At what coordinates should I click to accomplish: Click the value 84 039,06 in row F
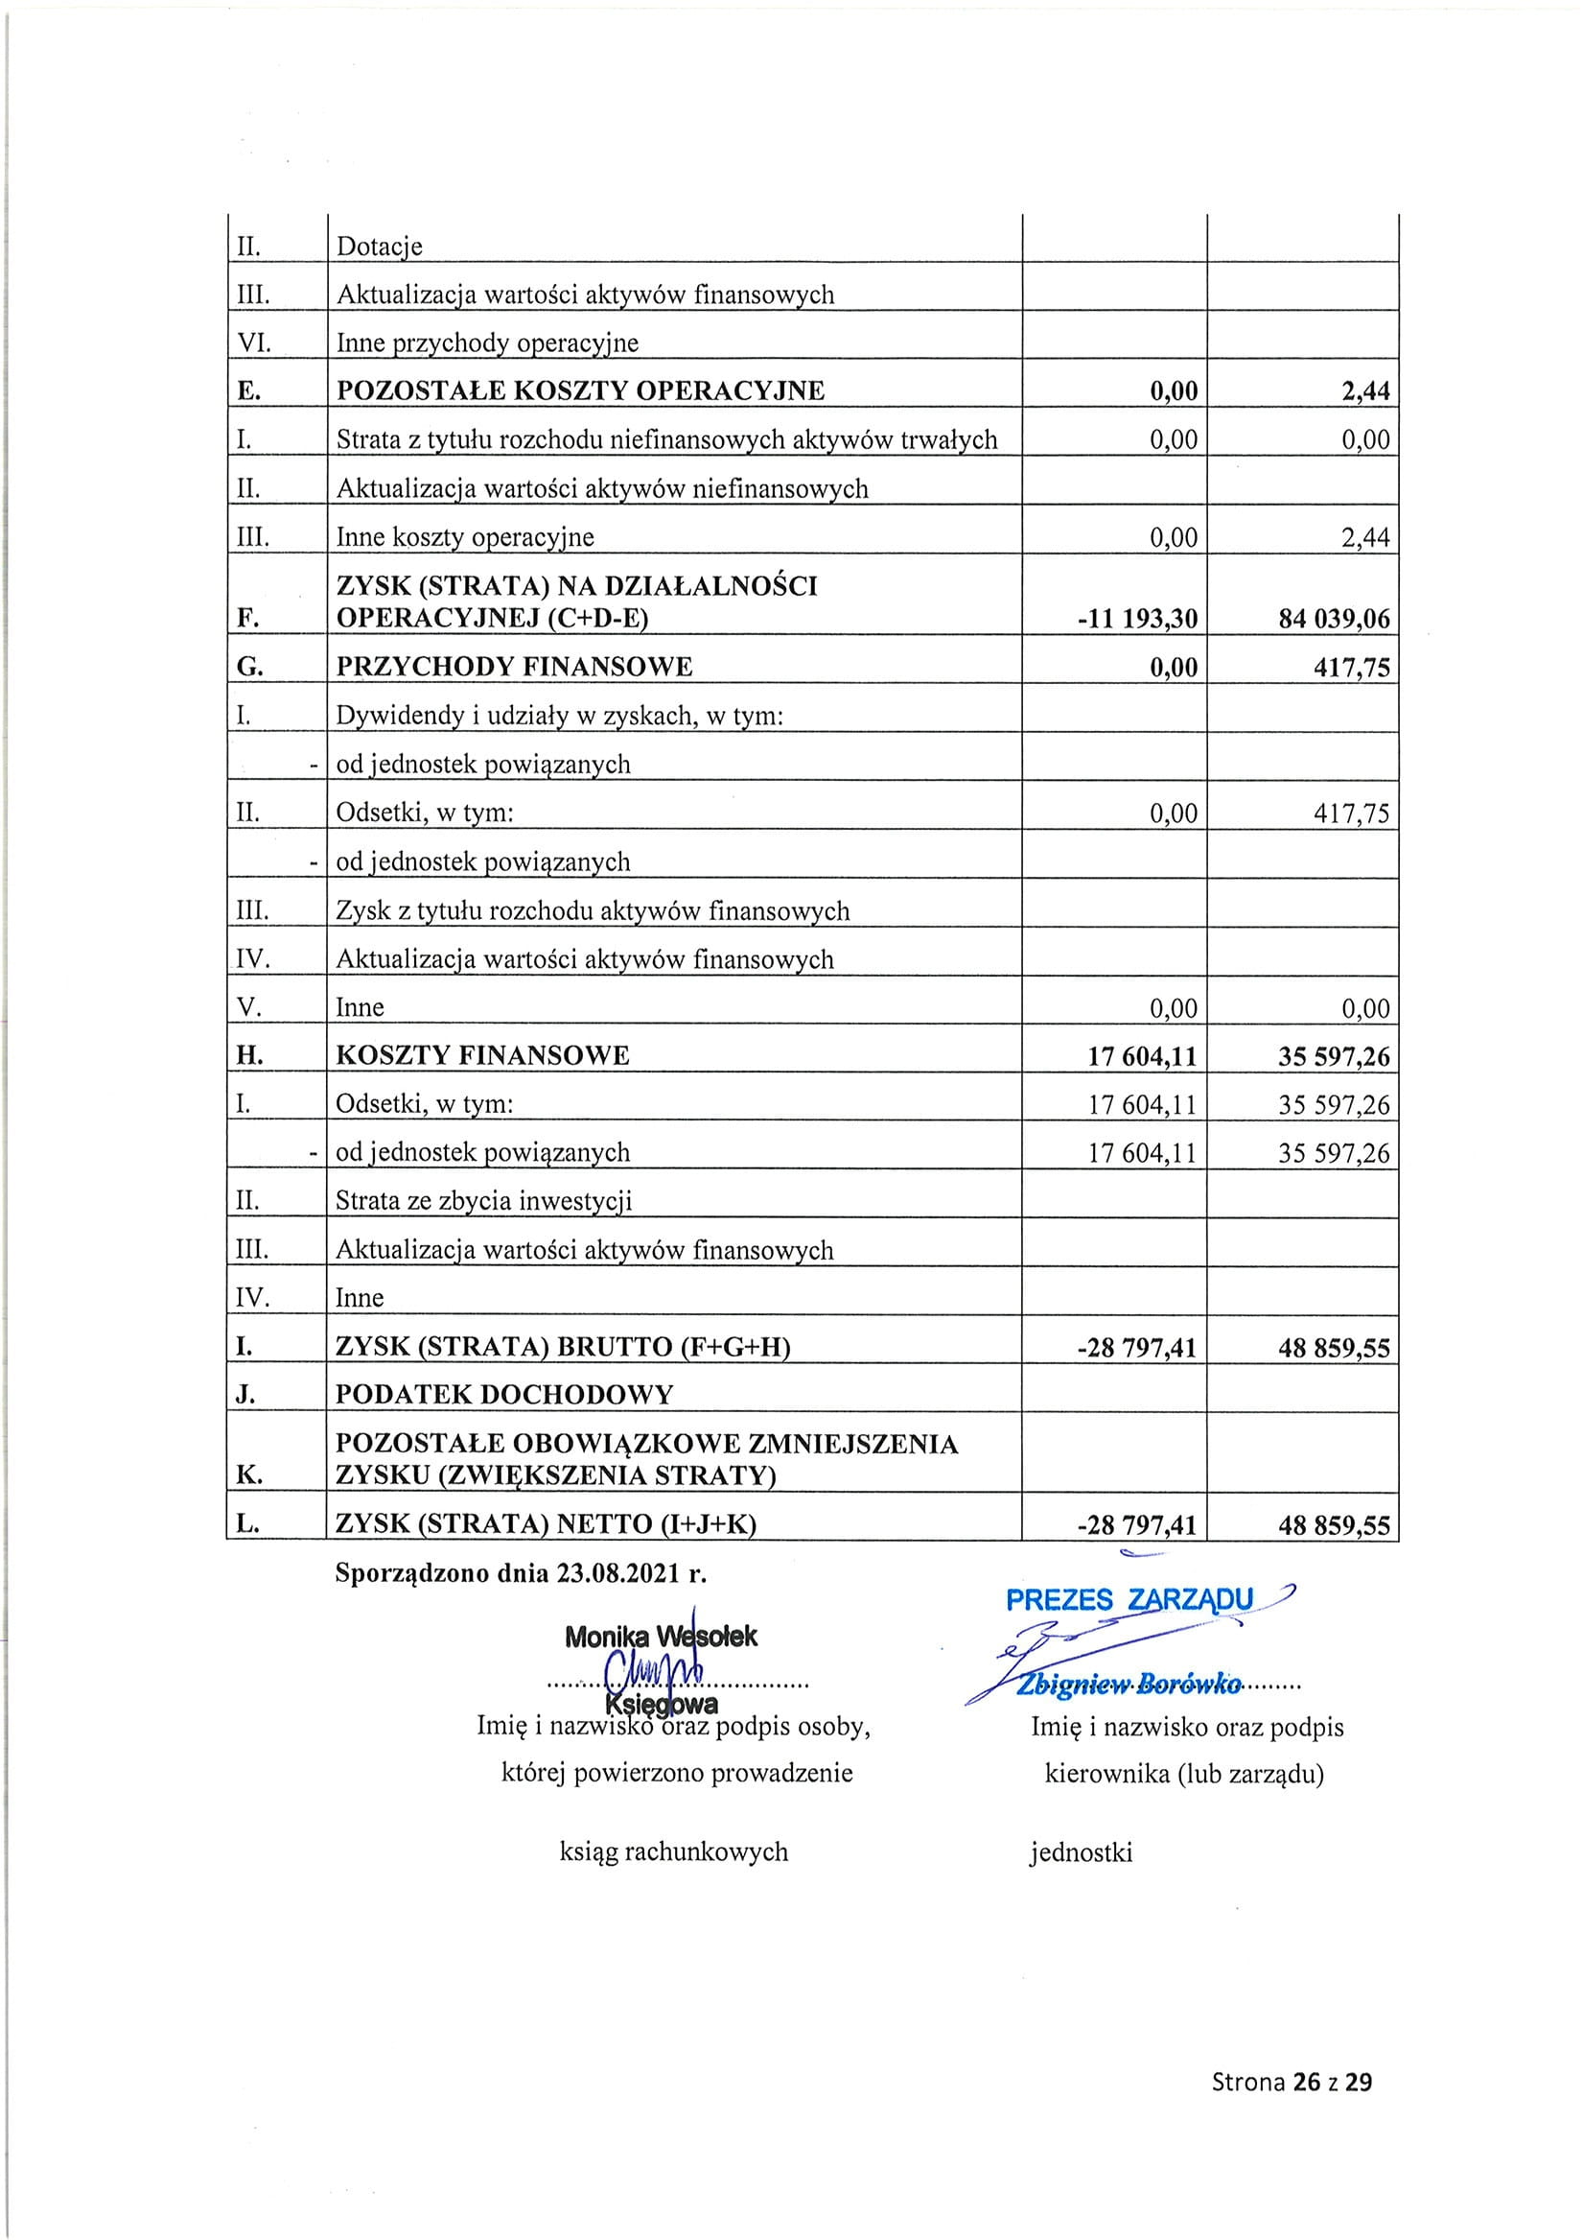[1334, 619]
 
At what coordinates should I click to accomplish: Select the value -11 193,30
[1137, 619]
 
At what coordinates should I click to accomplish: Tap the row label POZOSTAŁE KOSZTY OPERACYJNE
[580, 391]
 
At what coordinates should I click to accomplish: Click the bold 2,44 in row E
[1365, 391]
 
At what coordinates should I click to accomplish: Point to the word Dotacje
[380, 247]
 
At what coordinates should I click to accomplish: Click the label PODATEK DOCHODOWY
[504, 1394]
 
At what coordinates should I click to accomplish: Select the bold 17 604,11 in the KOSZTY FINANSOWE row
[1142, 1056]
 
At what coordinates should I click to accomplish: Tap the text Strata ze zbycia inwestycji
[484, 1200]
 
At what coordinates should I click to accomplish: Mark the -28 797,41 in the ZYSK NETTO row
[1136, 1525]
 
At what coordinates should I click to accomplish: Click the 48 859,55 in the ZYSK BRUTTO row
[1334, 1348]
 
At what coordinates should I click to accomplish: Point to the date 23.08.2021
[619, 1573]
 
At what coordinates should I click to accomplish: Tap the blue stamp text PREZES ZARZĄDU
[1129, 1600]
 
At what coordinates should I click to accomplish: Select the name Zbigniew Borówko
[1129, 1685]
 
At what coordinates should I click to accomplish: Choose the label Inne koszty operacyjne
[464, 537]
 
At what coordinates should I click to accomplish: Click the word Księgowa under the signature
[662, 1705]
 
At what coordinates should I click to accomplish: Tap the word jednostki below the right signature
[1081, 1851]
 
